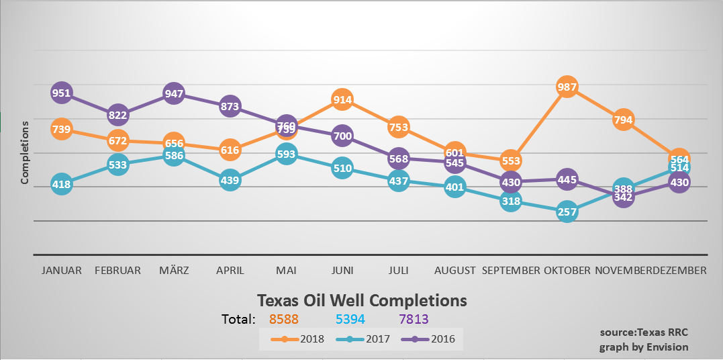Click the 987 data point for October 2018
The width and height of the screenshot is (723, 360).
point(567,87)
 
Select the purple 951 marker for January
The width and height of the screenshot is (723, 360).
point(61,93)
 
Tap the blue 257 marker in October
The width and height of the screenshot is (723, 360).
point(567,212)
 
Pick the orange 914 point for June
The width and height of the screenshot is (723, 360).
point(342,99)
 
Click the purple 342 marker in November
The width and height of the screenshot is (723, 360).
point(624,197)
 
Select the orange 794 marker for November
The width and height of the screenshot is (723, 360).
point(624,120)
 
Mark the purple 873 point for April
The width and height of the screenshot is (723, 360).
point(230,106)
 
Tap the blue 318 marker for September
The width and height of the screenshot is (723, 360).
point(511,201)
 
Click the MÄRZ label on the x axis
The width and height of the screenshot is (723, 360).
point(174,271)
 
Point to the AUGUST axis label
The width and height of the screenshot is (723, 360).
point(455,271)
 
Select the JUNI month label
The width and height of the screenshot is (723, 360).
point(342,271)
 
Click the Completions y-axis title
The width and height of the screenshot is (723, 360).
point(25,152)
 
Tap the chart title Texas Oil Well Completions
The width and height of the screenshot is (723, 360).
point(362,299)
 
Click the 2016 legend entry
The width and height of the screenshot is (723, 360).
point(433,339)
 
